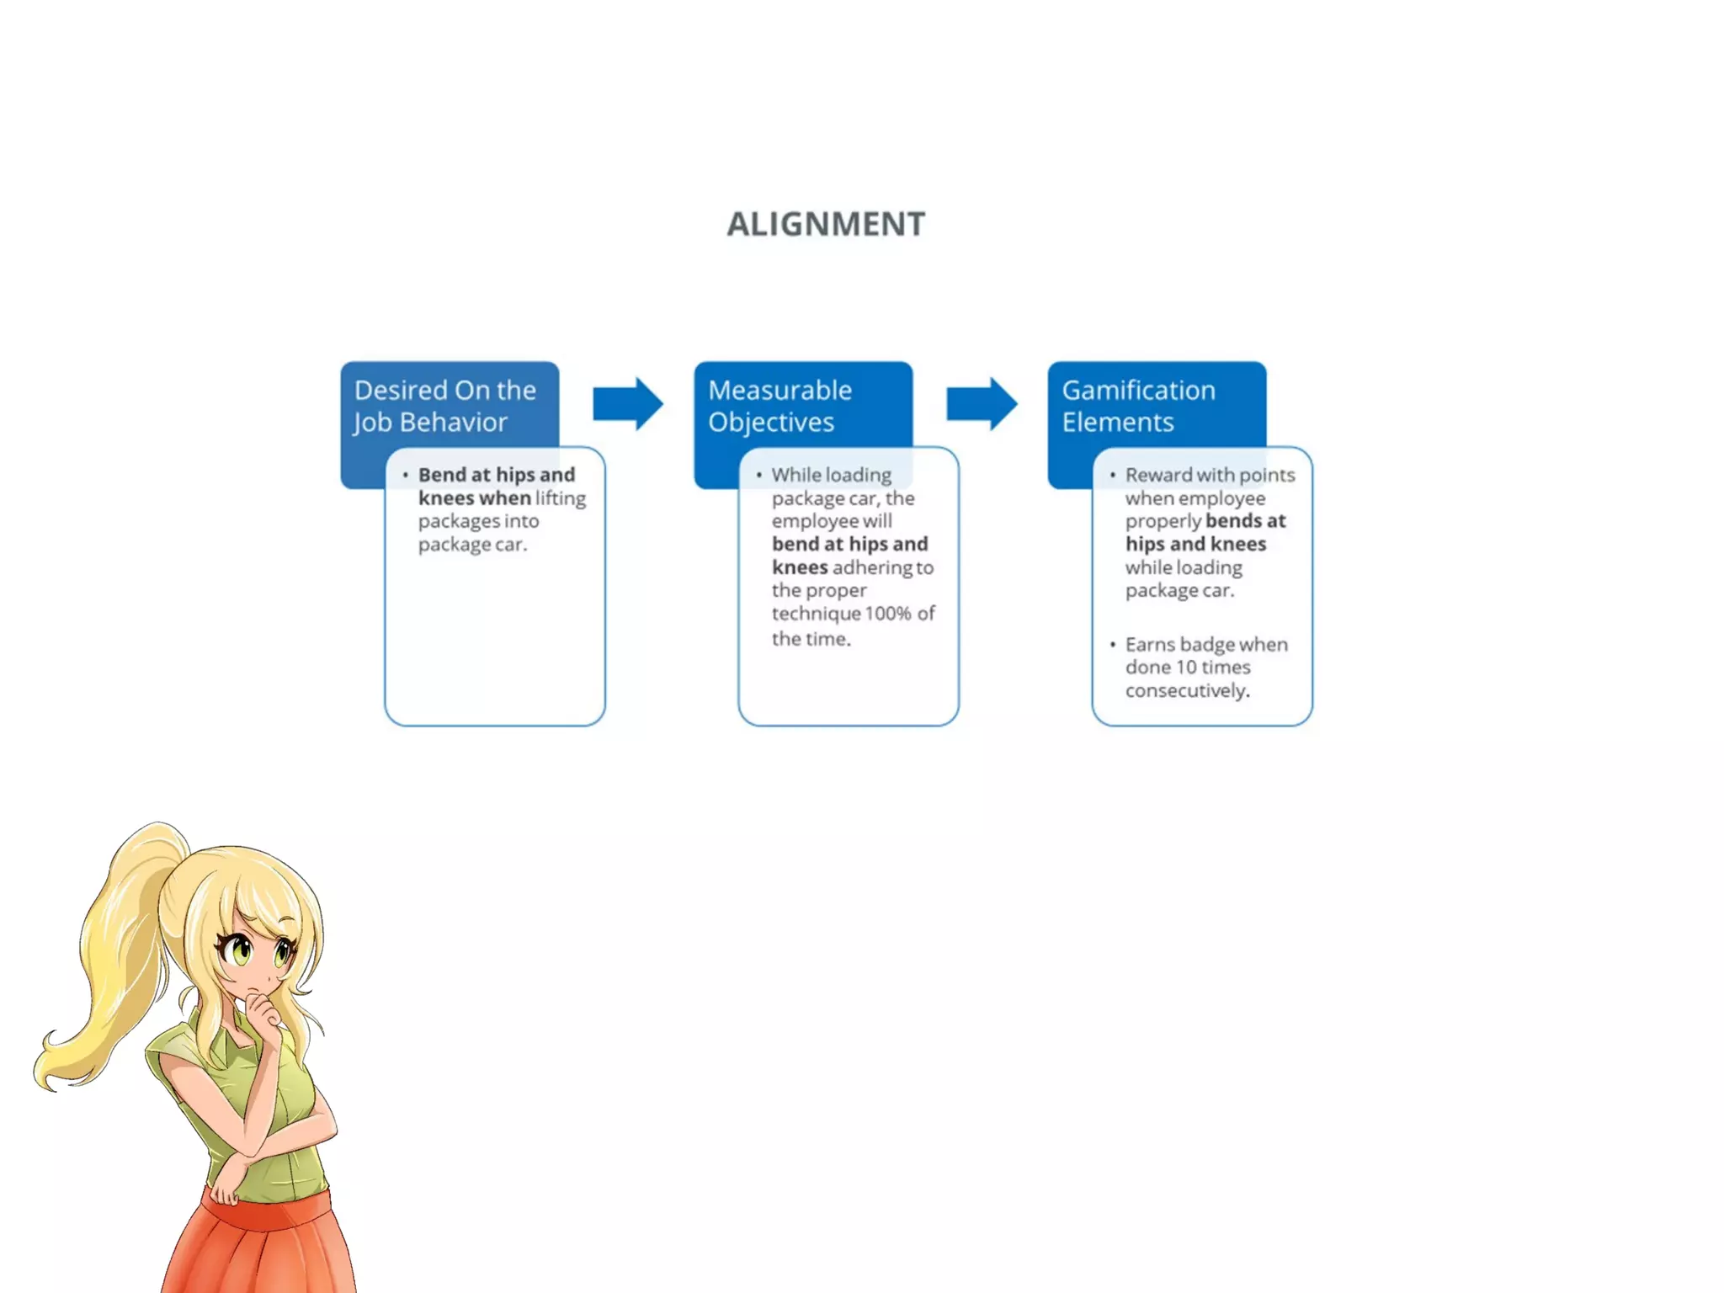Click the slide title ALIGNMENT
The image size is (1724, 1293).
826,224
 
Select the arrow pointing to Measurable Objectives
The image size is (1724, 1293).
627,403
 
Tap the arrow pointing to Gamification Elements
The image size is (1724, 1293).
981,403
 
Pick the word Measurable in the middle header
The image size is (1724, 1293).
780,391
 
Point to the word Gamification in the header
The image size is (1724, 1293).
1138,391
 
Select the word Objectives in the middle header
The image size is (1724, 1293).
770,422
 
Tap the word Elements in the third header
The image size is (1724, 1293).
1117,422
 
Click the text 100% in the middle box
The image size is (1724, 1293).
887,614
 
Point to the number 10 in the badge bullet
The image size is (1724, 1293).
1186,668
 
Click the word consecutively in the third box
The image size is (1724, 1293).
1187,691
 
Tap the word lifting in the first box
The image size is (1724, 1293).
561,498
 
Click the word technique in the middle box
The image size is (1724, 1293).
815,614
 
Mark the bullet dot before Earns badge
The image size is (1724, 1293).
1112,645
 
